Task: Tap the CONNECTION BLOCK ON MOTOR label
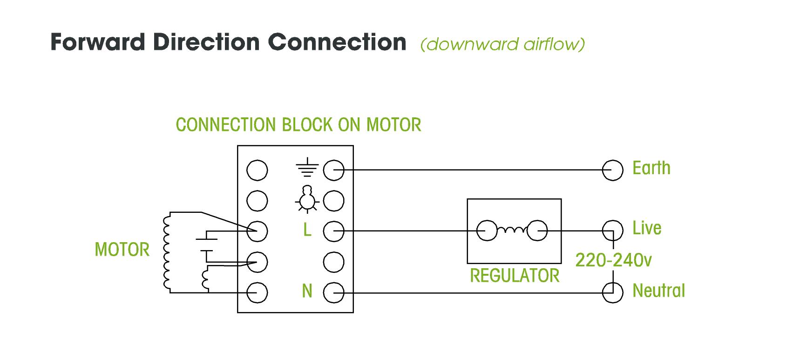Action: (x=298, y=124)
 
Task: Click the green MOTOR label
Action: (x=122, y=250)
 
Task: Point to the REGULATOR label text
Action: (x=515, y=276)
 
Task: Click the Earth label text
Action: (x=651, y=168)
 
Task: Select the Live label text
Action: (x=646, y=228)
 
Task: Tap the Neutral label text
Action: (x=658, y=291)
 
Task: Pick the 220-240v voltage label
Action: (x=613, y=260)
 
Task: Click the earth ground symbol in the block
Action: (x=307, y=169)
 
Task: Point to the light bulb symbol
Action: (x=306, y=198)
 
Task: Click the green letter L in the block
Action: (x=307, y=230)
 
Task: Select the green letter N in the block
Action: (x=307, y=291)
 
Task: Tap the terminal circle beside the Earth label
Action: (x=612, y=170)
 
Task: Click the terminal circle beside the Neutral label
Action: (x=612, y=293)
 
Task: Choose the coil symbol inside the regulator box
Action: (x=512, y=229)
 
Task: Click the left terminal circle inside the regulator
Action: (x=487, y=231)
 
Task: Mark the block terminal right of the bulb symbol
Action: (x=333, y=201)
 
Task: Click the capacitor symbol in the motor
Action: (x=207, y=245)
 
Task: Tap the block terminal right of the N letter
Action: (x=333, y=293)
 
